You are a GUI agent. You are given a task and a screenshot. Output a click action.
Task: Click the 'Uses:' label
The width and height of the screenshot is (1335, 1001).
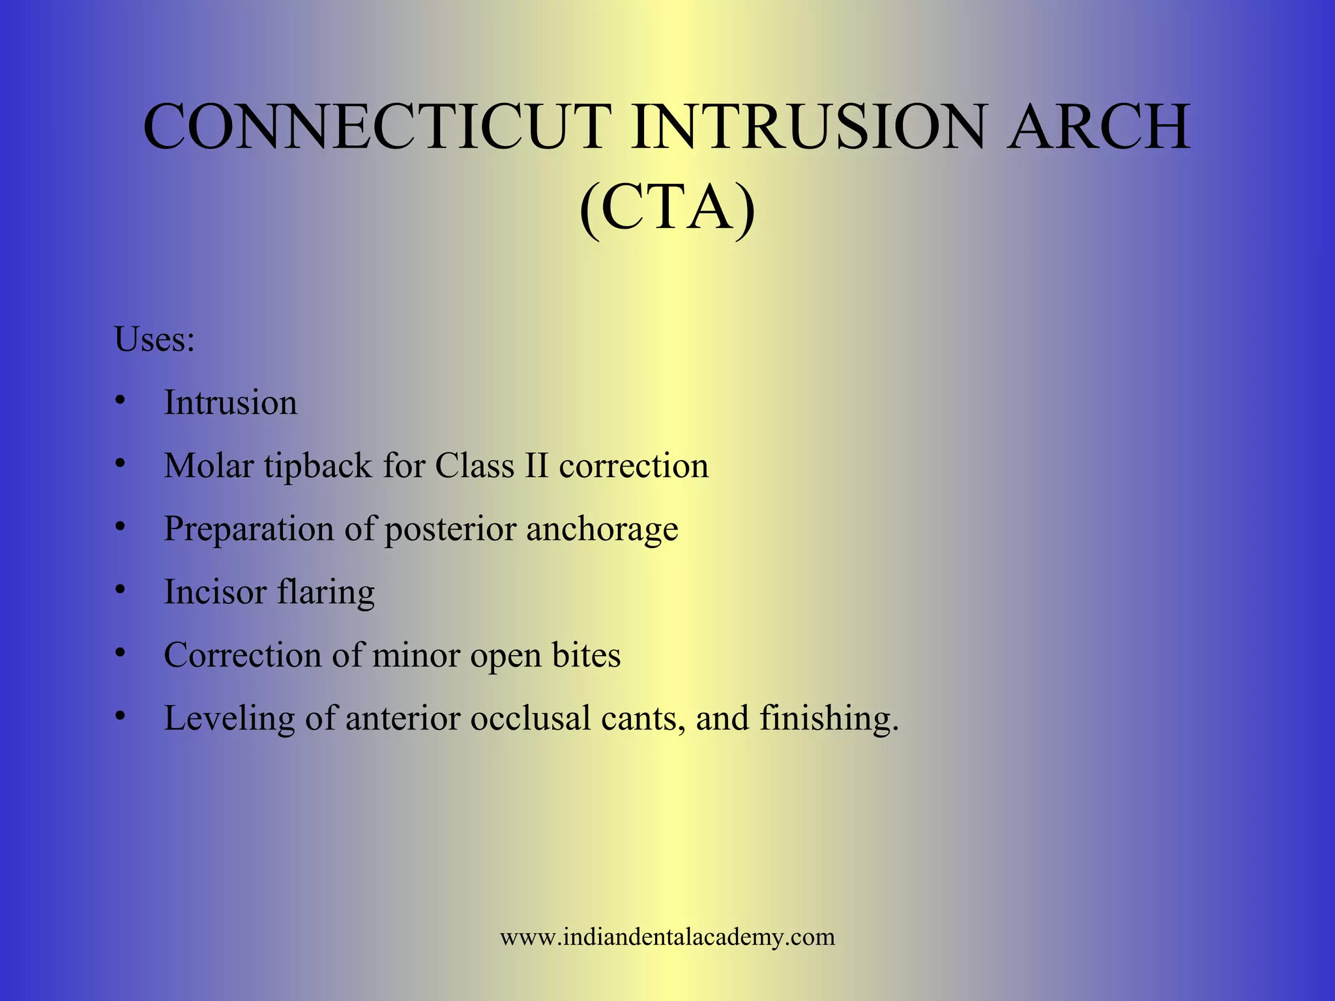(154, 340)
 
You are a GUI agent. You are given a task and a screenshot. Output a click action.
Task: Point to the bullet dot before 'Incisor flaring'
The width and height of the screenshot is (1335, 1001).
(119, 589)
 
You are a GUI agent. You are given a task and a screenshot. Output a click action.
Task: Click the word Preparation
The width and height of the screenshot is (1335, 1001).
(248, 529)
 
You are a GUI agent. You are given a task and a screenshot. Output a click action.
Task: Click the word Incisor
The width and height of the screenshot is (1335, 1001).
(215, 592)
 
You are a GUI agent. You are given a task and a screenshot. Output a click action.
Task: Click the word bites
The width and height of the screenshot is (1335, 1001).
(586, 655)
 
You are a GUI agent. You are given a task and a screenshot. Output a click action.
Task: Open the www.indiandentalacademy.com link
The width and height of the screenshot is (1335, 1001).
(667, 937)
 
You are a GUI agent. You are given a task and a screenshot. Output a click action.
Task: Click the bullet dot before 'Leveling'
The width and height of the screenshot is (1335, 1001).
(119, 716)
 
